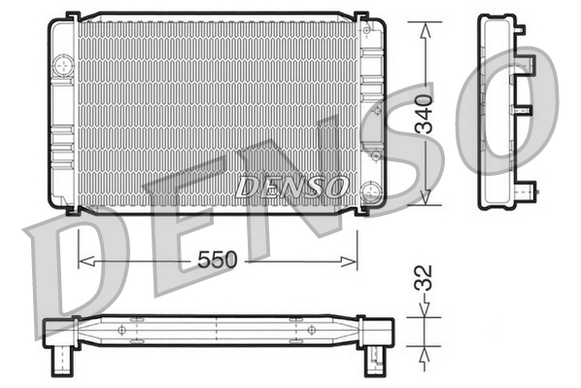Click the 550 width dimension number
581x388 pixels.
218,261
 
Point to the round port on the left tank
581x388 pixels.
64,66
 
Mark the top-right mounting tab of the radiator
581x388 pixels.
360,18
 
